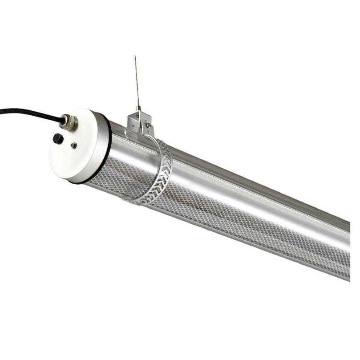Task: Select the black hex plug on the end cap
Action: (58, 138)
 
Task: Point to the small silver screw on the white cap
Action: (74, 146)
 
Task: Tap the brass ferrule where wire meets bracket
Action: (139, 108)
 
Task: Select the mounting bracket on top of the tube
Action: (141, 122)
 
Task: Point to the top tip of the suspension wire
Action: (135, 57)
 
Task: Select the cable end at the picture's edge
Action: (1, 111)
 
